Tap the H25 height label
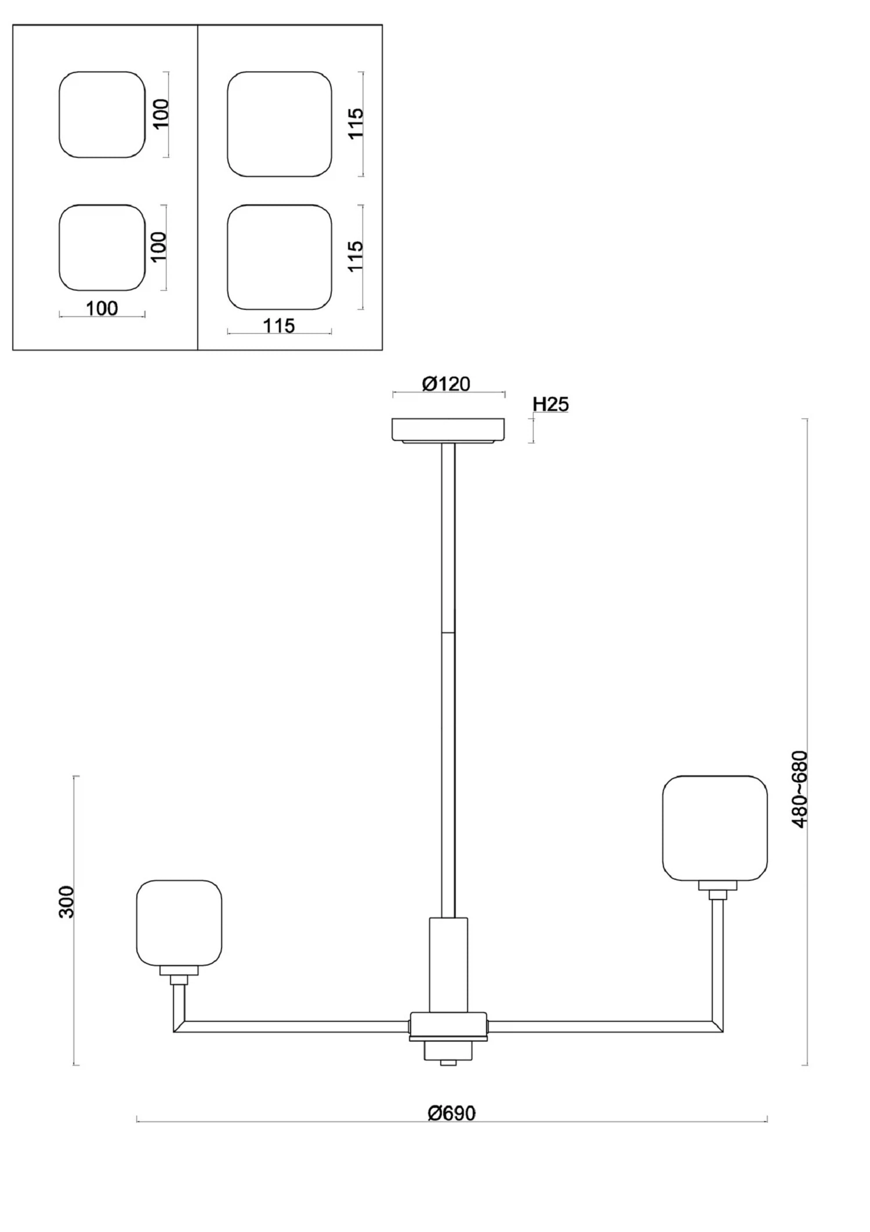coord(550,404)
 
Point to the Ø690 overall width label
coord(451,1114)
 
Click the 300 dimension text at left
coord(67,902)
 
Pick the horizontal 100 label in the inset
coord(101,308)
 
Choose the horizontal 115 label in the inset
coord(279,326)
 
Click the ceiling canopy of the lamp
coord(448,430)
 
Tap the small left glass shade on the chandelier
coord(179,923)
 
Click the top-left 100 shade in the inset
coord(102,114)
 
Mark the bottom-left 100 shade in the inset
coord(102,248)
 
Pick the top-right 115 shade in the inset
coord(280,124)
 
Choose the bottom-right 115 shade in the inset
coord(280,257)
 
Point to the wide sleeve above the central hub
coord(448,964)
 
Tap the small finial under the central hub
coord(448,1062)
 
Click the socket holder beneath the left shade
coord(179,970)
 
